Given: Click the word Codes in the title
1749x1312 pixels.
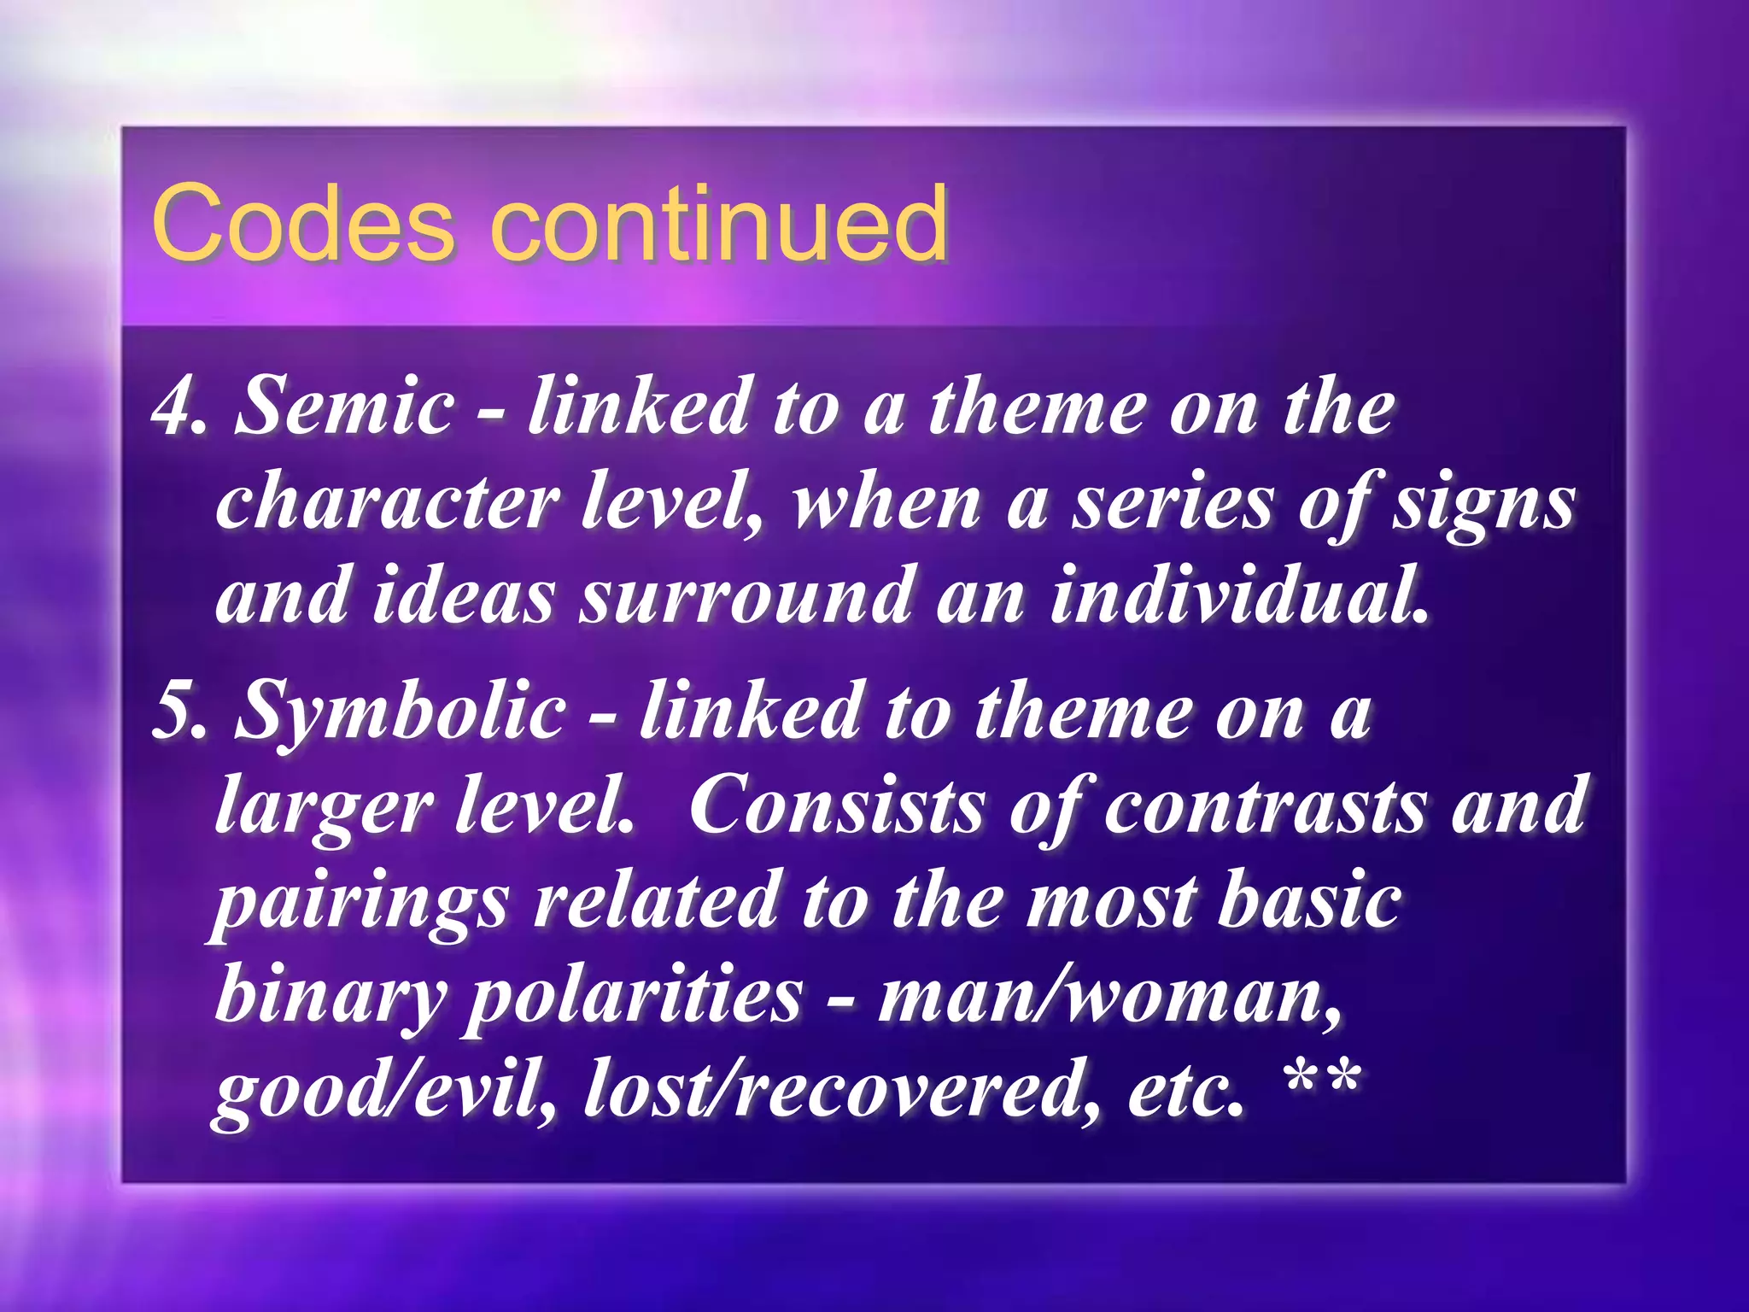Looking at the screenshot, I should [302, 224].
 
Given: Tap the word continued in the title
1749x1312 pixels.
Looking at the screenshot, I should [719, 224].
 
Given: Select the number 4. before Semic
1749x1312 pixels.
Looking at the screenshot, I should [178, 408].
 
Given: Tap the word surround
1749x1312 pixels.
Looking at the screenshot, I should [745, 596].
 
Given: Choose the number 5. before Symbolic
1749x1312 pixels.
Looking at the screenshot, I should [178, 711].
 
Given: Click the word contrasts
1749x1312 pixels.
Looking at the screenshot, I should [1265, 806].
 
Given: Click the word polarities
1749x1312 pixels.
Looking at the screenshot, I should [633, 998].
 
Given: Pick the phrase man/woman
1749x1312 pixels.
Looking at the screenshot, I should [1111, 996].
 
